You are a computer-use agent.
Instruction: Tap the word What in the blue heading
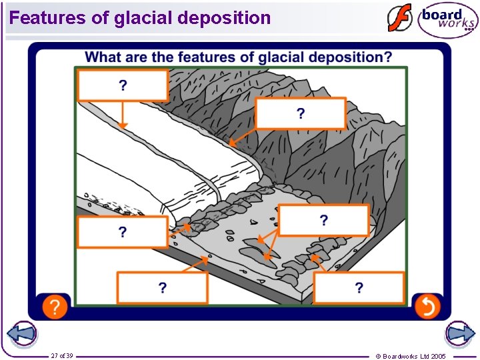(103, 57)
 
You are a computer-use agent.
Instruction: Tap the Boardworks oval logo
(448, 20)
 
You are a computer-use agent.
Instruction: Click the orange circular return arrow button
(427, 307)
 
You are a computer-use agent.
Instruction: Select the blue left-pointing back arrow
(21, 333)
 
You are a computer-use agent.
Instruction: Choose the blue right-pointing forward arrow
(460, 333)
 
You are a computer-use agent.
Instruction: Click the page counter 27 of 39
(62, 355)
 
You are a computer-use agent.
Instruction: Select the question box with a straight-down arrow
(123, 85)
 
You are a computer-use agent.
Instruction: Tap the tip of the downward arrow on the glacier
(122, 126)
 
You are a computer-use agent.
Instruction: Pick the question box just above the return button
(359, 287)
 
